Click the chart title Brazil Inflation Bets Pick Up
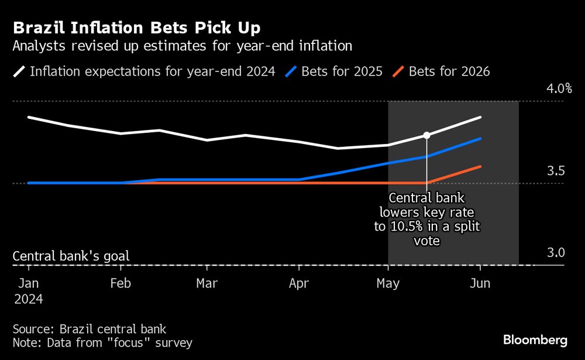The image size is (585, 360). coord(136,28)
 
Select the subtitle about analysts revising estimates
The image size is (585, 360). coord(183,46)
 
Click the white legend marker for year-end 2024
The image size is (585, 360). coord(19,71)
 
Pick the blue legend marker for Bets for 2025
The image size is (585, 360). coord(291,71)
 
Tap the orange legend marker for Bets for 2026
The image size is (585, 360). coord(398,71)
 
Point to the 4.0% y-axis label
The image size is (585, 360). coord(559,88)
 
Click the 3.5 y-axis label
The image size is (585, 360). coord(556,171)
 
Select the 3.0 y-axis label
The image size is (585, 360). coord(556,253)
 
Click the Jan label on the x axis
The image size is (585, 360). coord(29,283)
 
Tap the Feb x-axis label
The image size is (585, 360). coord(121,283)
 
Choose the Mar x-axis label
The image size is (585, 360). coord(207,283)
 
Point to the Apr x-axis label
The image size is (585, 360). coord(299,283)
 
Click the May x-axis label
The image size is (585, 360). coord(388,283)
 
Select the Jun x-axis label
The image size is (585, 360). coord(480,283)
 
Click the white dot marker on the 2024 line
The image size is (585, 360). coord(426,135)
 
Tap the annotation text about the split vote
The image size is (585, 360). coord(427,219)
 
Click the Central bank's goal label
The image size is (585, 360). coord(71,256)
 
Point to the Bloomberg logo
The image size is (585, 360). coord(535,340)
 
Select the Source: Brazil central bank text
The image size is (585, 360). coord(90,329)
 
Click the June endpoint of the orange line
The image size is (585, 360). coord(480,167)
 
